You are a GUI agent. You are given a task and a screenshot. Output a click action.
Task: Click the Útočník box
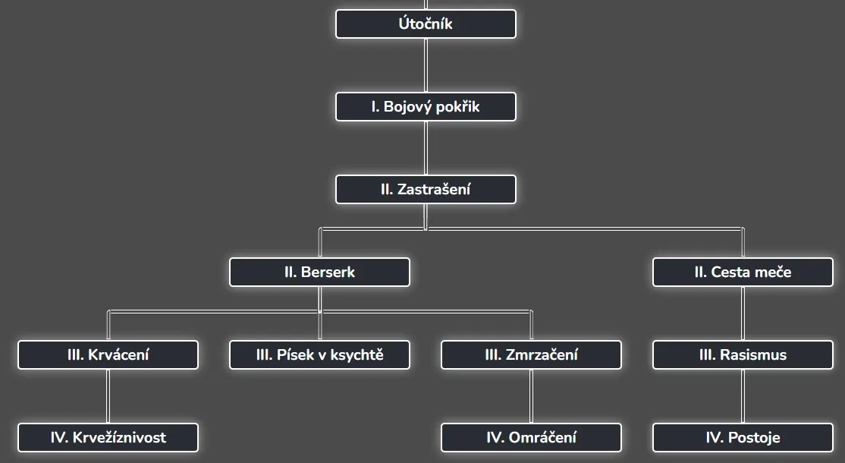click(426, 24)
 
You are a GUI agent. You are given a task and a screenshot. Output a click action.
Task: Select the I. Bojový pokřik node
click(426, 107)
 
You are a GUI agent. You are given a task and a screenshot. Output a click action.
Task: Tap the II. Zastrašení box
click(426, 190)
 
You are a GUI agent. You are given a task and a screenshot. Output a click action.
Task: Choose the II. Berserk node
click(319, 272)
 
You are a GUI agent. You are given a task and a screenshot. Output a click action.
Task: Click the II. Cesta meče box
click(743, 272)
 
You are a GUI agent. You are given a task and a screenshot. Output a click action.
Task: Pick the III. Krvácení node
click(108, 354)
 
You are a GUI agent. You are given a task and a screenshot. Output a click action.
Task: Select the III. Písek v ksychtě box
click(319, 354)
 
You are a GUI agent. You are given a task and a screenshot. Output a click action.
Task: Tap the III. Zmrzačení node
click(531, 354)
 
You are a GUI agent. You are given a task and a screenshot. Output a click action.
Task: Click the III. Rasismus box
click(743, 354)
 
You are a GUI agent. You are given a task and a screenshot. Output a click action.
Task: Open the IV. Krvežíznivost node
click(108, 437)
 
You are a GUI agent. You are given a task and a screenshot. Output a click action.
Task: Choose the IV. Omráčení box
click(531, 437)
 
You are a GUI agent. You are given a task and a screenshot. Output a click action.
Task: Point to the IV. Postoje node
click(743, 437)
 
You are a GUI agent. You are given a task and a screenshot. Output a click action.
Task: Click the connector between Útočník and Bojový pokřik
click(426, 65)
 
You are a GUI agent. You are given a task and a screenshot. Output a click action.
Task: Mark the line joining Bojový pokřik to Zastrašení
click(426, 148)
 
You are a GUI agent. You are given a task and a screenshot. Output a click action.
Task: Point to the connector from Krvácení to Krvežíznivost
click(108, 396)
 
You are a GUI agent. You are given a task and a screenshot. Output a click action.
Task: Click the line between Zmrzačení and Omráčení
click(531, 396)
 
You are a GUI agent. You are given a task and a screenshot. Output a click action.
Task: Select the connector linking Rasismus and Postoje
click(743, 396)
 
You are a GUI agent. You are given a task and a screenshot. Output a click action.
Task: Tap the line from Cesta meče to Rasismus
click(743, 313)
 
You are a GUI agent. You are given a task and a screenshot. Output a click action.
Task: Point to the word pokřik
click(457, 107)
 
